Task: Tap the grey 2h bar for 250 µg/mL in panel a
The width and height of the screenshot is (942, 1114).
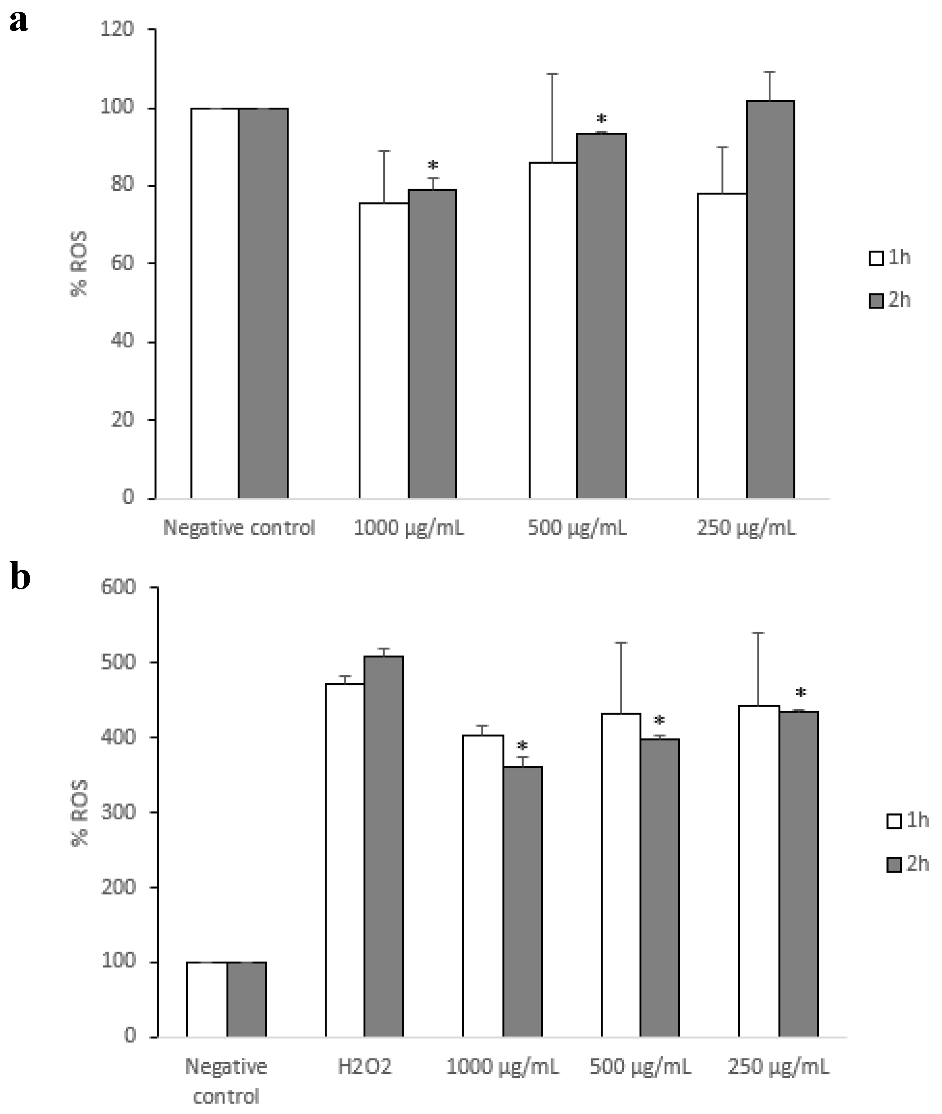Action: [770, 299]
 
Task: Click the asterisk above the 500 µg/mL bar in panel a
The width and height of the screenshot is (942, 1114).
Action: [602, 119]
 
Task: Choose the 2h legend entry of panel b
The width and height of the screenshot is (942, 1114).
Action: [908, 864]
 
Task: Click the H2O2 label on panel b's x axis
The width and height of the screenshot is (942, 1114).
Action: [364, 1067]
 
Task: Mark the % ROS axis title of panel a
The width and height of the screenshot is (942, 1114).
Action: [79, 264]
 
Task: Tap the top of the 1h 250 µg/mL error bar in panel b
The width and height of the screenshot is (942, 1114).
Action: [758, 633]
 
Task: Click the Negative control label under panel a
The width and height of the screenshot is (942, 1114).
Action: [239, 528]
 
